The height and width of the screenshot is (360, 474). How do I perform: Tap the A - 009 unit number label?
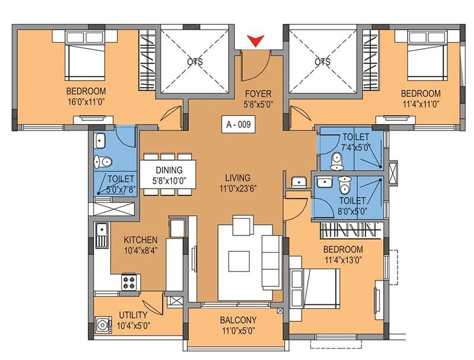(x=239, y=125)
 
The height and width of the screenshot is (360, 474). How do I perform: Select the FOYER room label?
(x=258, y=93)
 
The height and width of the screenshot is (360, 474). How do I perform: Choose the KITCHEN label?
(x=140, y=240)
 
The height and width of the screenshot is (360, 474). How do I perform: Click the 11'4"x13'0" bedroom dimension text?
(x=344, y=259)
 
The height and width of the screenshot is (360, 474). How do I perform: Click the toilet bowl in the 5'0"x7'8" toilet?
(x=102, y=161)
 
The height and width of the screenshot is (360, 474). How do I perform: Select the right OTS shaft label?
(x=322, y=61)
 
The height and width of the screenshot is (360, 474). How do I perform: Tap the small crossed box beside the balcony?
(x=280, y=310)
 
